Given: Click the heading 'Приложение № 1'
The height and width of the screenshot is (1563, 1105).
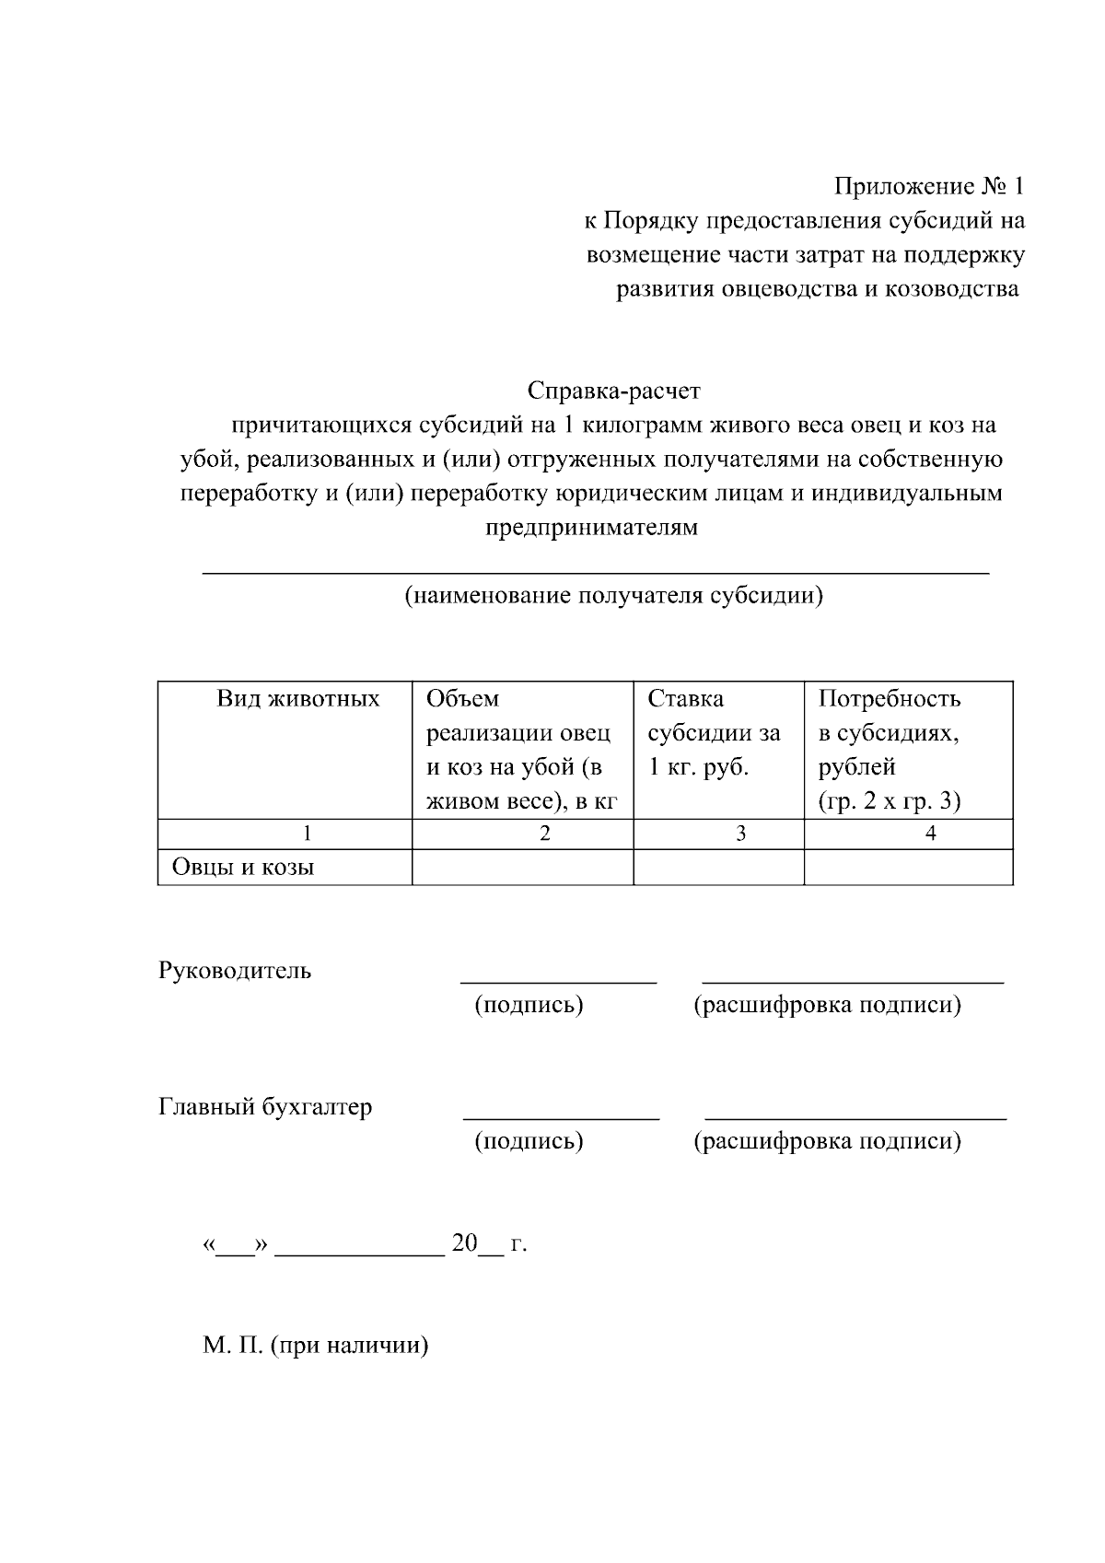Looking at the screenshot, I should (928, 187).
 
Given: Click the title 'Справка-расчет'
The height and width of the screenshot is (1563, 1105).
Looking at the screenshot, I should (613, 391).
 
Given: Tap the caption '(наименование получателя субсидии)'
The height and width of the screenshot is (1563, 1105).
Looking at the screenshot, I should (613, 596).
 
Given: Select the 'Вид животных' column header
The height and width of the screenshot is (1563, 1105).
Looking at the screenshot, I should (297, 699).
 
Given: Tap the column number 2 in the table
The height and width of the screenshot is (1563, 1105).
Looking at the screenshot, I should (545, 834).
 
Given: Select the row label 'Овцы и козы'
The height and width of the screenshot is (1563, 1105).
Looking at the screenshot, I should (243, 867).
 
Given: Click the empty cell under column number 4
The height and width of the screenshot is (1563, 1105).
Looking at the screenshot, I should (908, 867).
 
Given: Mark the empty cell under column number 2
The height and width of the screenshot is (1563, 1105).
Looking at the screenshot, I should (522, 867).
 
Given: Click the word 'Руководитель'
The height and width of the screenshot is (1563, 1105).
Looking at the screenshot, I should (235, 971).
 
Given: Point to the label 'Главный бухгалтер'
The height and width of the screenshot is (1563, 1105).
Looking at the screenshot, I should (265, 1107).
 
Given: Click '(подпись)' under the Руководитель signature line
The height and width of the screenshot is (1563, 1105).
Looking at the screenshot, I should (529, 1005).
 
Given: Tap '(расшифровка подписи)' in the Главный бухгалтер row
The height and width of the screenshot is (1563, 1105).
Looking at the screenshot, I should (826, 1142).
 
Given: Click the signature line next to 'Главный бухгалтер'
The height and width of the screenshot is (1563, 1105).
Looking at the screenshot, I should (561, 1118).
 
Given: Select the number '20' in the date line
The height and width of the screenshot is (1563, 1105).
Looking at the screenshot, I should (464, 1244).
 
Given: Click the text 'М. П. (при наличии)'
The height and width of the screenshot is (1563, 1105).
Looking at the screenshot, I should (316, 1346).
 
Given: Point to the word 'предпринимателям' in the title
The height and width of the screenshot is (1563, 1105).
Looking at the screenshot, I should (591, 528).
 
